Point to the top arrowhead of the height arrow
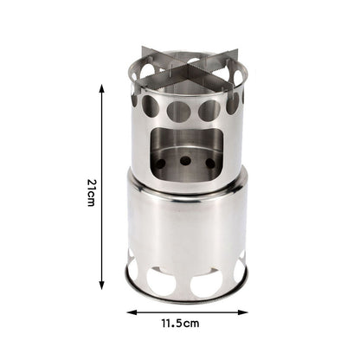[x=102, y=87]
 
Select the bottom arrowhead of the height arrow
[x=102, y=286]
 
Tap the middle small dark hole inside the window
[x=185, y=160]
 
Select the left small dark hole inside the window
[x=161, y=164]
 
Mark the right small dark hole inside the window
[x=210, y=163]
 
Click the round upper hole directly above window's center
[x=180, y=112]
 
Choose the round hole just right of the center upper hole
[x=209, y=110]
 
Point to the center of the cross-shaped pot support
[x=185, y=71]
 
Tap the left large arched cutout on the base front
[x=161, y=280]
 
